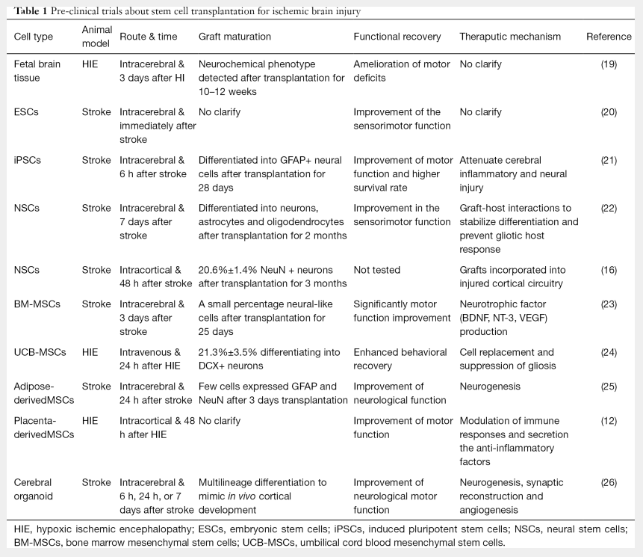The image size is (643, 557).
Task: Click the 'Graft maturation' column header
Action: point(234,36)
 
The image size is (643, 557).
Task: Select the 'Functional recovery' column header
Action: point(397,36)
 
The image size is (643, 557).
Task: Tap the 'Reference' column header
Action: point(608,36)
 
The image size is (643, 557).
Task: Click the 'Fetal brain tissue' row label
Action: point(37,71)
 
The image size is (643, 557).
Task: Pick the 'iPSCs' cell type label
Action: point(28,160)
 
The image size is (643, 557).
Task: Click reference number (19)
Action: point(609,64)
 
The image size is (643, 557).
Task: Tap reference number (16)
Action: point(609,270)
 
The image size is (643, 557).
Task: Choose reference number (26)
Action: point(609,482)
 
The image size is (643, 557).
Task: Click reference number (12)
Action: point(609,421)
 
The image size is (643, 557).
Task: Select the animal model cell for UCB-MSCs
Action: point(90,351)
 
